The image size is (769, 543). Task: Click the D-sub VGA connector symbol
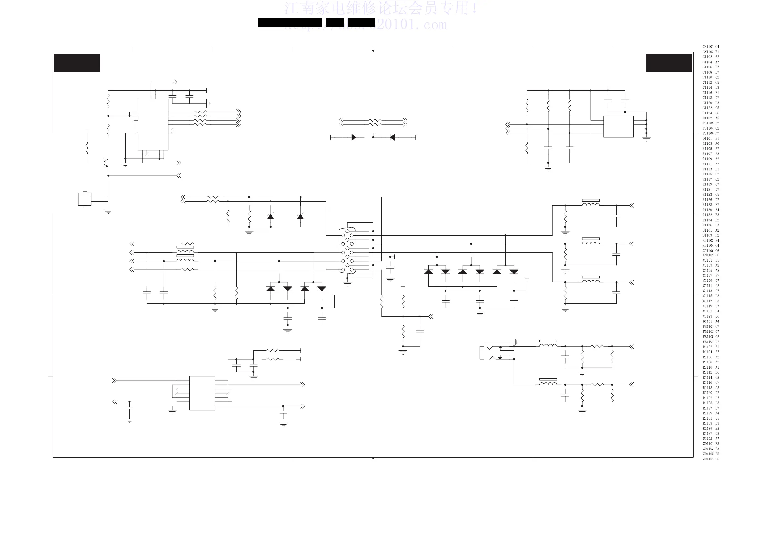[x=347, y=251]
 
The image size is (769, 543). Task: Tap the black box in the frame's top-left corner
[x=77, y=63]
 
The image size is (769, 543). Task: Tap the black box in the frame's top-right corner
[x=669, y=63]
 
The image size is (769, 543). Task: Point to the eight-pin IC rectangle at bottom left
[x=202, y=393]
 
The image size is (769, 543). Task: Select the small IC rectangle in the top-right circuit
[x=618, y=126]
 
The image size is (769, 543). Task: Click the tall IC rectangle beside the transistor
[x=153, y=124]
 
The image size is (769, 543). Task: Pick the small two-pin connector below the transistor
[x=84, y=199]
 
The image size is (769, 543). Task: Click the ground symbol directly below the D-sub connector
[x=348, y=284]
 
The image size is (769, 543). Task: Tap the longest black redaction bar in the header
[x=290, y=23]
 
